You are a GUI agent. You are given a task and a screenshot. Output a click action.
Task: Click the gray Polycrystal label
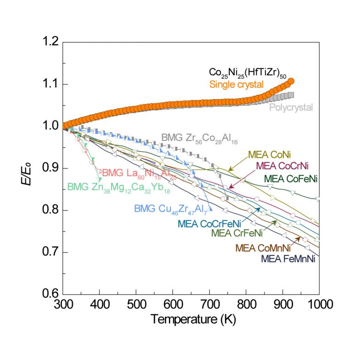pyautogui.click(x=290, y=107)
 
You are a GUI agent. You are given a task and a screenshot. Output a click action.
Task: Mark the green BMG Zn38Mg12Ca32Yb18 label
pyautogui.click(x=119, y=187)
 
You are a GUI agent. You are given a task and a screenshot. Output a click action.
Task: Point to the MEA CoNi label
pyautogui.click(x=270, y=155)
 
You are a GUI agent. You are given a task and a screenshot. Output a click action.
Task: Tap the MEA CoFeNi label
pyautogui.click(x=291, y=177)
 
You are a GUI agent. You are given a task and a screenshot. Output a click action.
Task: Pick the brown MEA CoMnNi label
pyautogui.click(x=263, y=248)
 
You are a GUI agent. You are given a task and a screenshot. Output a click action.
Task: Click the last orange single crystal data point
pyautogui.click(x=290, y=82)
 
